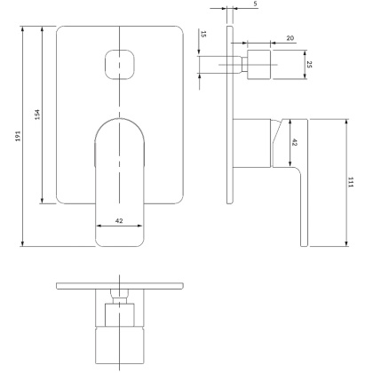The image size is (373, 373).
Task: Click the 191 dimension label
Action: (x=19, y=136)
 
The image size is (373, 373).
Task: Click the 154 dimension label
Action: (x=37, y=115)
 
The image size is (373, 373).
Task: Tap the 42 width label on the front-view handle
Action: (x=119, y=220)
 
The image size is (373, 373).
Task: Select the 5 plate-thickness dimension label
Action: (x=255, y=4)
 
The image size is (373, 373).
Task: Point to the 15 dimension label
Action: (x=203, y=34)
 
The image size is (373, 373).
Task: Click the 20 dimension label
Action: (x=290, y=38)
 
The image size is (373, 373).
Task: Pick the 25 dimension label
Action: (x=309, y=65)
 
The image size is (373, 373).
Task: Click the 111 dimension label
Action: (x=351, y=182)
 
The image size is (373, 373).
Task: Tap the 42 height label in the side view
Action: (x=294, y=142)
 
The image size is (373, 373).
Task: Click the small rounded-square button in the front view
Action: (x=120, y=64)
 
